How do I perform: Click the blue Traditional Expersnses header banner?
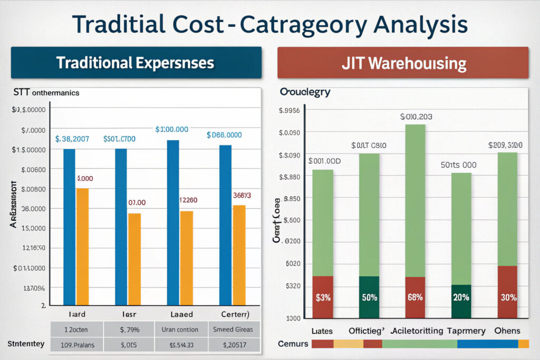pos(136,63)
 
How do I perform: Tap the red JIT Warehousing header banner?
pos(403,63)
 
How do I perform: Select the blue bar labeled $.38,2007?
pos(69,227)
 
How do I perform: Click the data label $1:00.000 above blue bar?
pos(172,129)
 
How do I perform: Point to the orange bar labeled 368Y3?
pos(239,255)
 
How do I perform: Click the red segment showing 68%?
pos(415,297)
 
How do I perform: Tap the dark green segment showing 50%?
pos(369,297)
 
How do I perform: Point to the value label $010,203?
pos(416,117)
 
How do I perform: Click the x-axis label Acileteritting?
pos(416,331)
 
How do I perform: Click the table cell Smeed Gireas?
pos(233,329)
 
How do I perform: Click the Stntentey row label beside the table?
pos(25,344)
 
